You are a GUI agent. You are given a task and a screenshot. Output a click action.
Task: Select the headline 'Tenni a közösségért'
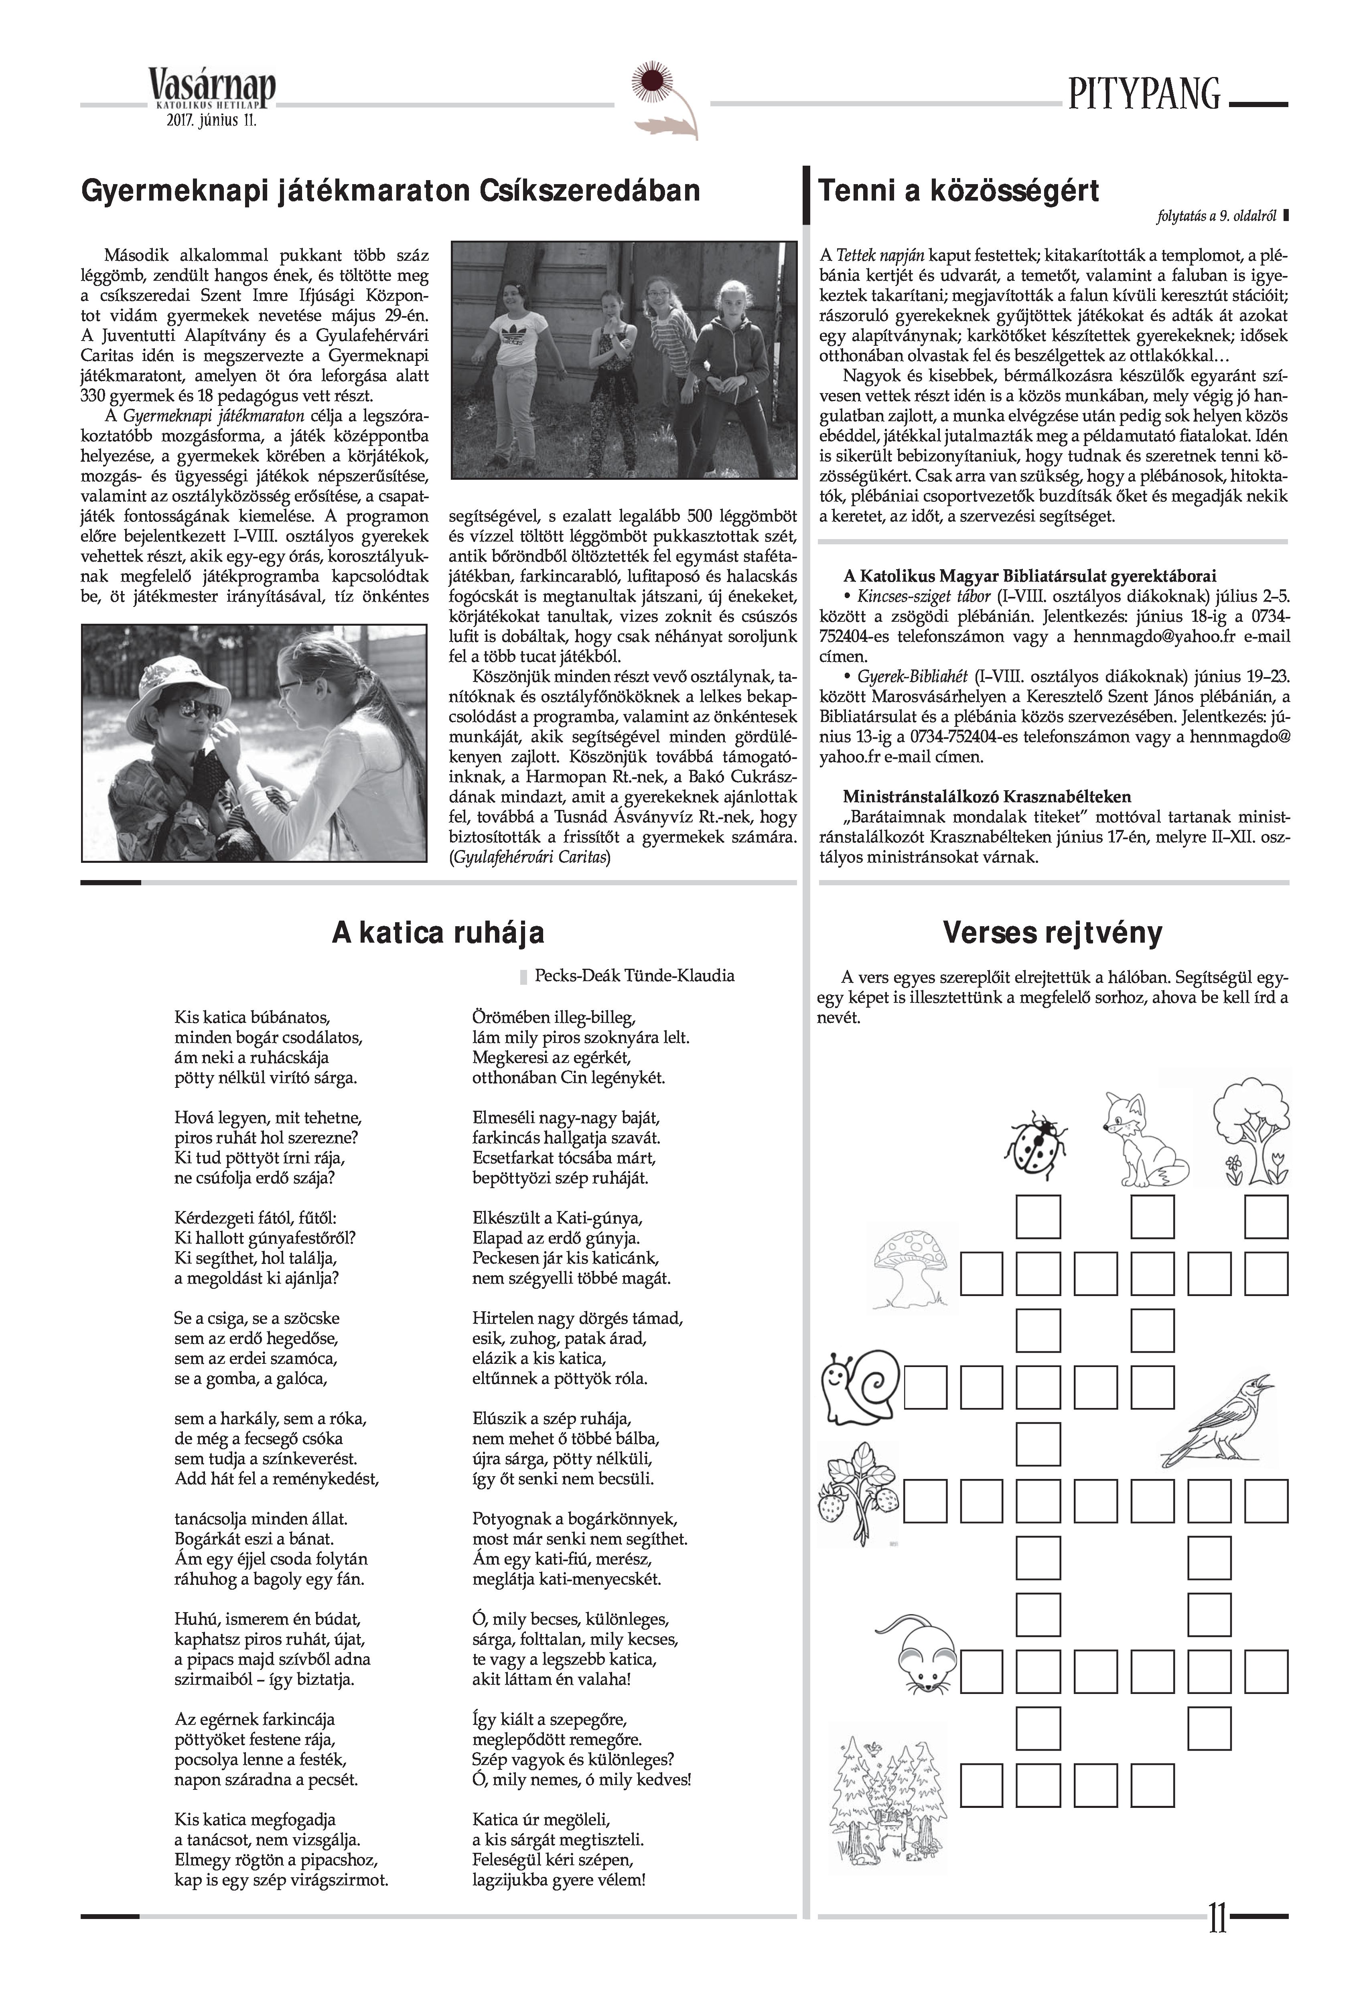point(958,191)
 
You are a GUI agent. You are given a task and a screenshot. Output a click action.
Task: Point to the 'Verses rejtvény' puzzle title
point(1053,932)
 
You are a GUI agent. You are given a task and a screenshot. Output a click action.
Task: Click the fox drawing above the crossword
point(1144,1136)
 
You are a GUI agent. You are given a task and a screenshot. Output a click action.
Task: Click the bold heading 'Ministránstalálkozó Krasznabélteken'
point(986,797)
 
